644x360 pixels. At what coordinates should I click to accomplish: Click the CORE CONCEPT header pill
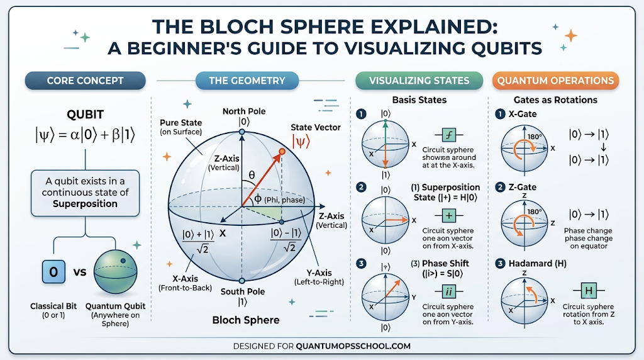point(85,81)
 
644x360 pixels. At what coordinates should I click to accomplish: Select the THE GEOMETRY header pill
point(247,81)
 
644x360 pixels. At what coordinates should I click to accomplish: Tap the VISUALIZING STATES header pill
point(419,81)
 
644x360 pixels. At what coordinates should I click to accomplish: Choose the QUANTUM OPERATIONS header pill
point(555,81)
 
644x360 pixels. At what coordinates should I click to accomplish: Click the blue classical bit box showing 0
point(53,272)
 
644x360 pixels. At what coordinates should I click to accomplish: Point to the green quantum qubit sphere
point(115,272)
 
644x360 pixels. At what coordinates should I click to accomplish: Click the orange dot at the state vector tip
point(282,152)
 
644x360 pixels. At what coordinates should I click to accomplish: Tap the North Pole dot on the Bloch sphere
point(242,132)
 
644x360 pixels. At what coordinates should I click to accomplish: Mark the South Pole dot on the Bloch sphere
point(242,281)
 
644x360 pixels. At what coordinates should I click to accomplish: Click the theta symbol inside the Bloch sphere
point(252,175)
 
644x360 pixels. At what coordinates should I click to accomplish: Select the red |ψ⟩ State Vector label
point(301,142)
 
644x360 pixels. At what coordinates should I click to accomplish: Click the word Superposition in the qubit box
point(85,204)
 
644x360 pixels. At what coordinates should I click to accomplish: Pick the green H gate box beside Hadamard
point(589,291)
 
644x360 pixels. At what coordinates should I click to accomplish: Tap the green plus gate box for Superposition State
point(449,215)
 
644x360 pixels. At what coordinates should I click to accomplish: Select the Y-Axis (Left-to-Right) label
point(319,277)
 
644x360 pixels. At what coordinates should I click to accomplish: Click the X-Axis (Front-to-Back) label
point(186,283)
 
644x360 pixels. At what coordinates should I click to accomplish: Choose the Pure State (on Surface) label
point(180,127)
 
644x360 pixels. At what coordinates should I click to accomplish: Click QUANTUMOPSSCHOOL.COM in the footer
point(353,346)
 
